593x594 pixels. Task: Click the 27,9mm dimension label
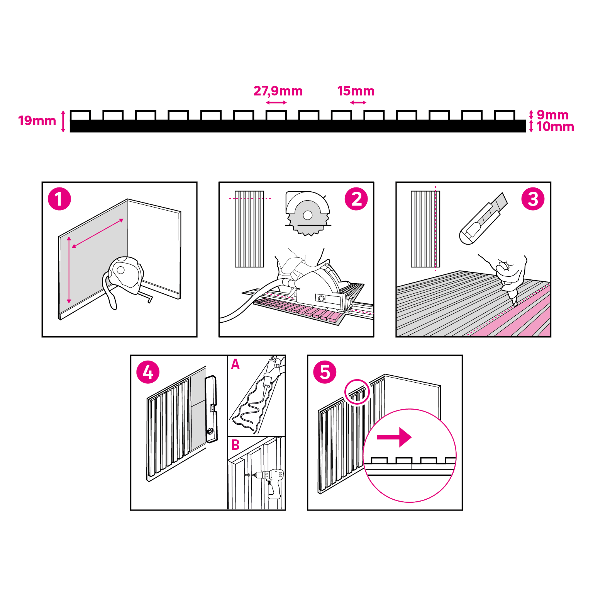click(278, 91)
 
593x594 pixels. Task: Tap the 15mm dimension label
click(356, 91)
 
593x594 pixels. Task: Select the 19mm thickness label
click(37, 121)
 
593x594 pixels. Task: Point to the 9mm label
click(552, 115)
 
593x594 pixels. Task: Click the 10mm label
click(555, 127)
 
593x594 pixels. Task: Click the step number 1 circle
click(59, 199)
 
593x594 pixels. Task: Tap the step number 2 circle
click(356, 199)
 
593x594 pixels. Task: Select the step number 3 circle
click(533, 199)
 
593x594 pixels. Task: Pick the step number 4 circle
click(148, 372)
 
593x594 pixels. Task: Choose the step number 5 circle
click(325, 372)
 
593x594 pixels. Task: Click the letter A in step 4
click(236, 364)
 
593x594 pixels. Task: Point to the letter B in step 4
click(236, 445)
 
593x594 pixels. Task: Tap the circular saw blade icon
click(308, 213)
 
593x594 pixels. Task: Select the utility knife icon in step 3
click(483, 218)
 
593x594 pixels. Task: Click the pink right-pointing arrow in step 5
click(394, 437)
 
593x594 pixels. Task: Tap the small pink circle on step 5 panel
click(357, 391)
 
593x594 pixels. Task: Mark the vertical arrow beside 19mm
click(63, 121)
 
